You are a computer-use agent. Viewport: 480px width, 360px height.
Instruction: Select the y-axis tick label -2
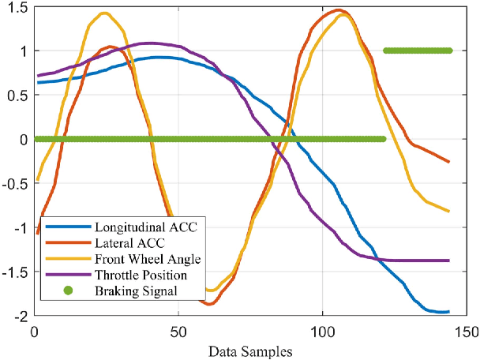(20, 316)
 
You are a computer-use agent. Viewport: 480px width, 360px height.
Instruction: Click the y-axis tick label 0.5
(17, 96)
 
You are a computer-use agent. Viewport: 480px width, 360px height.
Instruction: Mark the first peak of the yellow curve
(104, 13)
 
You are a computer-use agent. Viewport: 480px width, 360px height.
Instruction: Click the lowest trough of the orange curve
(212, 304)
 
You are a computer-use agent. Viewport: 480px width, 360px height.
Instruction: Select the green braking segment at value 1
(417, 51)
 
